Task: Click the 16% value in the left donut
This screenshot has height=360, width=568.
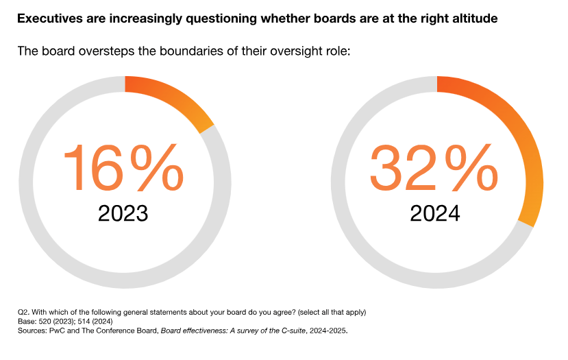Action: (x=123, y=167)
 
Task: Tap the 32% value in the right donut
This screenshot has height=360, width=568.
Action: (x=435, y=167)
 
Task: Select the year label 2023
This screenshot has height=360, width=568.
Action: (x=123, y=213)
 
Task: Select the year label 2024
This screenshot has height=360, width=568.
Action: (x=435, y=213)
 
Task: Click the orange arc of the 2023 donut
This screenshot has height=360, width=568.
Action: (x=177, y=98)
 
